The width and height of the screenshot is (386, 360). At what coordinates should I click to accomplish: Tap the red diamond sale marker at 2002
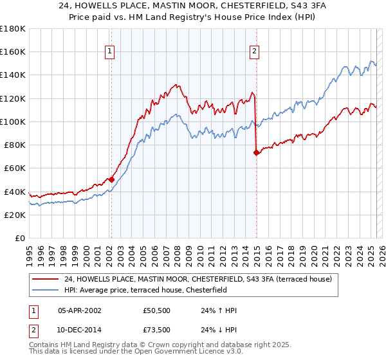tap(111, 179)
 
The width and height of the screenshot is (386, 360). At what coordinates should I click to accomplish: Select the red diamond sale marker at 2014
tap(256, 152)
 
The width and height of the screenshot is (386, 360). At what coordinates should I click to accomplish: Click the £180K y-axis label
tap(14, 29)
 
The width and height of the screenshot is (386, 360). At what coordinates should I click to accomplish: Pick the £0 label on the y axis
tap(19, 239)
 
